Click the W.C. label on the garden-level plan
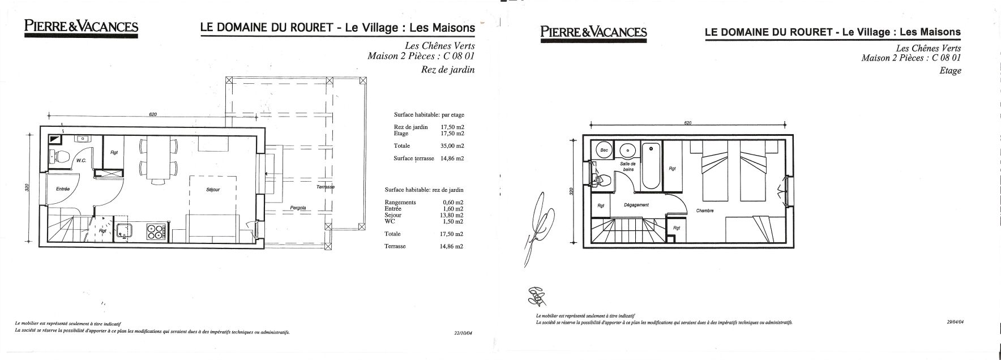point(80,160)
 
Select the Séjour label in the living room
point(213,190)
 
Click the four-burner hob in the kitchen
point(155,231)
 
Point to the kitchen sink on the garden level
point(125,230)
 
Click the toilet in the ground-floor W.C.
point(61,156)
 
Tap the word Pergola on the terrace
point(298,208)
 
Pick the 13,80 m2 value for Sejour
point(452,215)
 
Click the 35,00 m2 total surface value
point(452,145)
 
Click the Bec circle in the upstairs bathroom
point(604,151)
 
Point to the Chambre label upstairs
point(705,211)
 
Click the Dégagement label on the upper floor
point(636,205)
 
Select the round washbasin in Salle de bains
point(627,151)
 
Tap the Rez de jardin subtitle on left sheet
point(448,70)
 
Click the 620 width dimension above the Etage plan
point(687,122)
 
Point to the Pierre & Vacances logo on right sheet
point(593,32)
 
